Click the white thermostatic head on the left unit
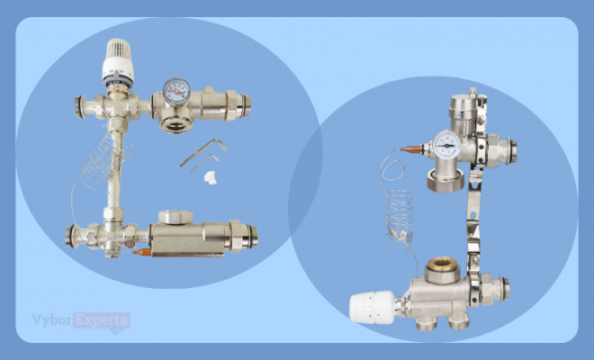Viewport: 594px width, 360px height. click(x=118, y=62)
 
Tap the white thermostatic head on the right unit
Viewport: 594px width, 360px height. click(x=373, y=307)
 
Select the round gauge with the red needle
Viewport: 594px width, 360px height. click(x=176, y=91)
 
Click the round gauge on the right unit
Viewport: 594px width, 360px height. click(x=447, y=145)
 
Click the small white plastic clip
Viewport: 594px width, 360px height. click(x=211, y=177)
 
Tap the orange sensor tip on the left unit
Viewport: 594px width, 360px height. click(x=141, y=252)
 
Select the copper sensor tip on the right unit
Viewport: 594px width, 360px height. click(x=409, y=149)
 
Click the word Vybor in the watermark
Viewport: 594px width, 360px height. click(x=52, y=320)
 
